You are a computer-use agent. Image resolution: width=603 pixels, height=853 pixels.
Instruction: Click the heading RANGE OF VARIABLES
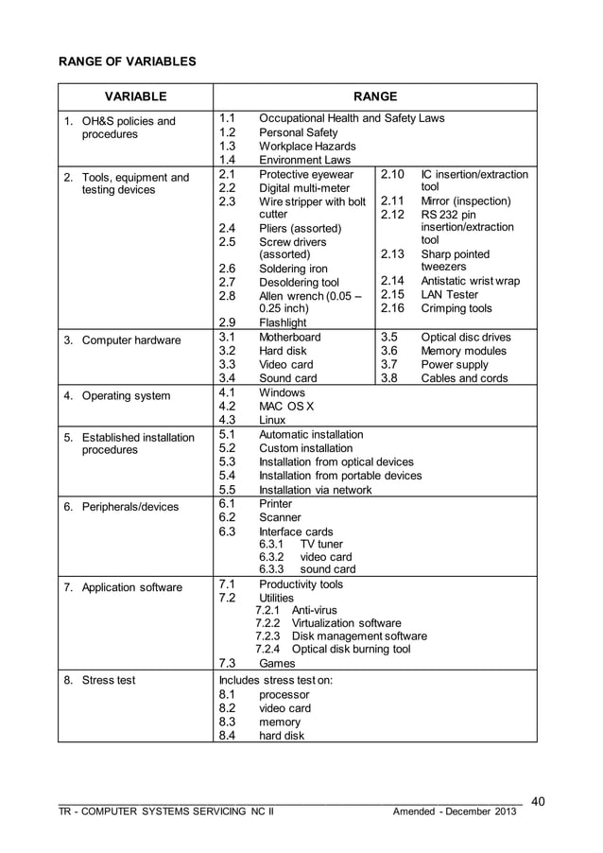coord(128,61)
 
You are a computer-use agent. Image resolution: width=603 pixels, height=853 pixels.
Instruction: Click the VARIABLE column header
coord(135,96)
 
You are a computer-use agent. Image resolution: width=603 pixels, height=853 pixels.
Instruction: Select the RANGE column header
coord(375,96)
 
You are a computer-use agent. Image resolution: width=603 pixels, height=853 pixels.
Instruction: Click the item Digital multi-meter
coord(304,188)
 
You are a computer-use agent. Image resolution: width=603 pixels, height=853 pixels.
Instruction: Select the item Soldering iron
coord(294,270)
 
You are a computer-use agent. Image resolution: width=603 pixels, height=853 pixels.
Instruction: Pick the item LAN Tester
coord(449,295)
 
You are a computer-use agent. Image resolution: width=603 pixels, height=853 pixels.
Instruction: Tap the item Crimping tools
coord(457,309)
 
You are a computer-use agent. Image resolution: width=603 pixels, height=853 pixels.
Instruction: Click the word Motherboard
coord(289,338)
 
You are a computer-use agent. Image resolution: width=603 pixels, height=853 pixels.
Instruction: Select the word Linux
coord(272,420)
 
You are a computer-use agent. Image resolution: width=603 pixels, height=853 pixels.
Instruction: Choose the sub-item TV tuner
coord(321,545)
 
